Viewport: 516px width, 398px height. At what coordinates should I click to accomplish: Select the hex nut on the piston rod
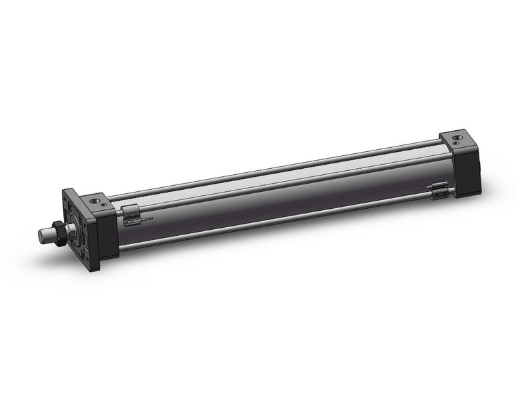(60, 232)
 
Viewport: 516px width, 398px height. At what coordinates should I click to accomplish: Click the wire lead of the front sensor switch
(147, 219)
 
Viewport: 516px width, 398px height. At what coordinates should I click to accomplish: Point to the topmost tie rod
(272, 169)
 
